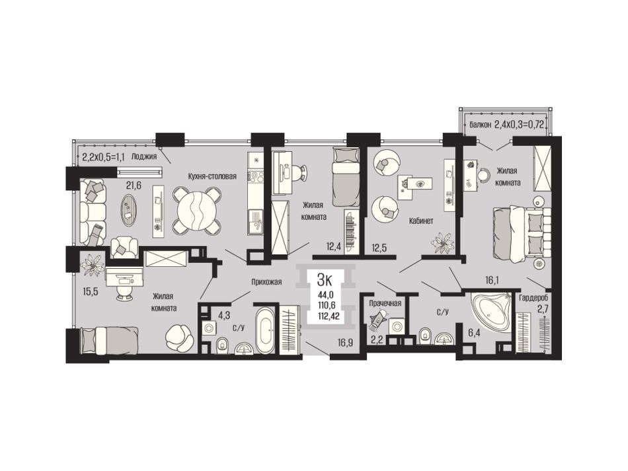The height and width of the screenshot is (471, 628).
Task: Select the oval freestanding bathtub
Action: point(265,330)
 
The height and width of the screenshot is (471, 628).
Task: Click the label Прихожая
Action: point(266,281)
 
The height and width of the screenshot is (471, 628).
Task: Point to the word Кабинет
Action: point(421,221)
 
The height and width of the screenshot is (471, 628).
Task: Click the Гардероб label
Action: point(533,298)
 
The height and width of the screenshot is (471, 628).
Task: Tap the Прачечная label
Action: point(385,303)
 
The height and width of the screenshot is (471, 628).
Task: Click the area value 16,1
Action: point(491,281)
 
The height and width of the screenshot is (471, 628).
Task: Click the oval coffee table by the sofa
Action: point(128,209)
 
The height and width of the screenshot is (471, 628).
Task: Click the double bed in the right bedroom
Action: point(521,234)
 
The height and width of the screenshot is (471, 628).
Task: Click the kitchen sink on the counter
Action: point(255,223)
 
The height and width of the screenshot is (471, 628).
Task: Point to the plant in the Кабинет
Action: point(443,243)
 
